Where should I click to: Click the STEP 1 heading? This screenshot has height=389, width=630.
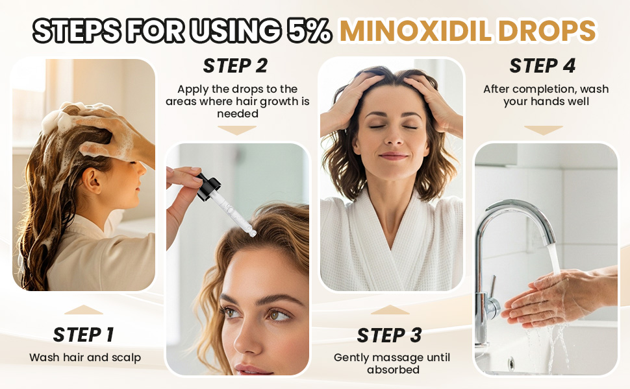(x=83, y=335)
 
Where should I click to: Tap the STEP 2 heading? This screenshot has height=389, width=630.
(x=235, y=65)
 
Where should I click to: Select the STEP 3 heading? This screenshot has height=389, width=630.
(x=389, y=335)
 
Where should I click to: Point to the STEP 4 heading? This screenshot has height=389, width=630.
(x=542, y=65)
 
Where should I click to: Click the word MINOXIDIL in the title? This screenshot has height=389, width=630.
(x=414, y=30)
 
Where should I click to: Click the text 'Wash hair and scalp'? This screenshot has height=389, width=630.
(x=84, y=357)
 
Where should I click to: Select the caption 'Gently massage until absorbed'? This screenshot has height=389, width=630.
(x=391, y=364)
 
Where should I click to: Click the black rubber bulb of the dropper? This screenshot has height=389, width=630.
(x=208, y=185)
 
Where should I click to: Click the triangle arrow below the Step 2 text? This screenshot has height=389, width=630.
(x=236, y=130)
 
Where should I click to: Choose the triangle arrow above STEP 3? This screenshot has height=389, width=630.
(x=390, y=310)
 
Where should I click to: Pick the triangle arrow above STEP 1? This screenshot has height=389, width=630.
(x=84, y=310)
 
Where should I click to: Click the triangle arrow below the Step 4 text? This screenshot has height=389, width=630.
(x=543, y=130)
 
